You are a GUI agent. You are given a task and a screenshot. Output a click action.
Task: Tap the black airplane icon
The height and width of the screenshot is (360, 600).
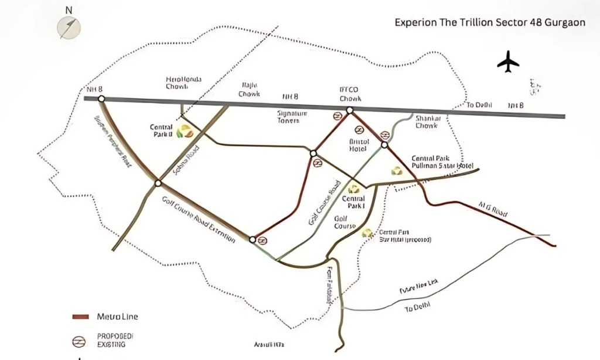coord(508,62)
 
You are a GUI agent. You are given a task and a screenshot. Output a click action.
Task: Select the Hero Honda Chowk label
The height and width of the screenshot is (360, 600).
coord(177,82)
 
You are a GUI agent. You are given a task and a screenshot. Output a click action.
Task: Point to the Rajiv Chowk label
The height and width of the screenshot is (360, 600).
coord(248,89)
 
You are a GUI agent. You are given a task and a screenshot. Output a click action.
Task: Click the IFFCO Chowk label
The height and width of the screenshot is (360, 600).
coord(350,94)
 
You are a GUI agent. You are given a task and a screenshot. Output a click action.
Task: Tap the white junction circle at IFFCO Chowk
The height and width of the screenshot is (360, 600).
coord(350,110)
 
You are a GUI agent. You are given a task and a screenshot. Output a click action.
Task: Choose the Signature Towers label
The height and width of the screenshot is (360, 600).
coord(288,116)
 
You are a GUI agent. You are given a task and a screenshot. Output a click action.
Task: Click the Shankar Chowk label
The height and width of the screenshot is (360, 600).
coord(428,121)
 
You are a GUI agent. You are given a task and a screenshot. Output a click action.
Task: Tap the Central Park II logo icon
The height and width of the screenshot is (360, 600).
coord(184,131)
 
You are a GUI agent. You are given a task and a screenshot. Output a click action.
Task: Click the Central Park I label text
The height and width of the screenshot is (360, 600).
coord(354,202)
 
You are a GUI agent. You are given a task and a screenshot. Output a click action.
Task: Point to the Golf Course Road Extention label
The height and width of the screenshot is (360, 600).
coord(199,220)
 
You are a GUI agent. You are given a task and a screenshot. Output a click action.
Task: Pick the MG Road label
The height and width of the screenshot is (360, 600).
coord(492,209)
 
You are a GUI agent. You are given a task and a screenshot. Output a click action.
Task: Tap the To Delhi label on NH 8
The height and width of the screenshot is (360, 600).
coord(479,105)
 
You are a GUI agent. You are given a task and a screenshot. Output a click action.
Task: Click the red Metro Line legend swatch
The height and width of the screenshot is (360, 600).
coord(80,317)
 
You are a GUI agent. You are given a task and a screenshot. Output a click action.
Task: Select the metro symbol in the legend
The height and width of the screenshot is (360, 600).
coord(76,341)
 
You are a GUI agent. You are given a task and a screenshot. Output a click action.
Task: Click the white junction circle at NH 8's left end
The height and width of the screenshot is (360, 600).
coord(101,99)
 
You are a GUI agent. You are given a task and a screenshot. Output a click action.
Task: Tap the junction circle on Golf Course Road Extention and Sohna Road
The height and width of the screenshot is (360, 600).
coord(158,184)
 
